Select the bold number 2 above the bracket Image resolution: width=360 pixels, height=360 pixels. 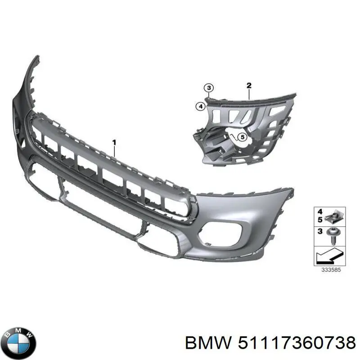click(x=249, y=85)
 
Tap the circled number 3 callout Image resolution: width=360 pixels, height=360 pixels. click(x=208, y=88)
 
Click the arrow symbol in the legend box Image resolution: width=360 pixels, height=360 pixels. click(x=330, y=256)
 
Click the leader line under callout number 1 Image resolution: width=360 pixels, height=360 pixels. click(x=114, y=151)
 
